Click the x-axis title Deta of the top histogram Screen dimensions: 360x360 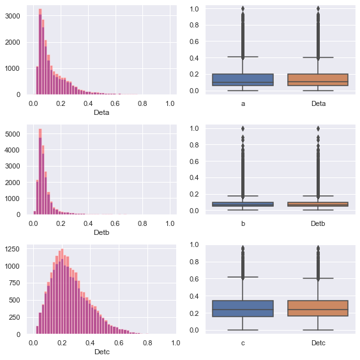point(101,113)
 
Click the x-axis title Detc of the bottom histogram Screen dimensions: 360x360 point(101,352)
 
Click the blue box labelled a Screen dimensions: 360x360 point(243,80)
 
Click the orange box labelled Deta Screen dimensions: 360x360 point(318,80)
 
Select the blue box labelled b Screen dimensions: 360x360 point(243,204)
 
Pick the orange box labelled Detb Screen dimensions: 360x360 point(318,204)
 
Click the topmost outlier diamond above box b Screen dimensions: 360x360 point(243,128)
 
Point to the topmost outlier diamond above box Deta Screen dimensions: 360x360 point(318,9)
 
